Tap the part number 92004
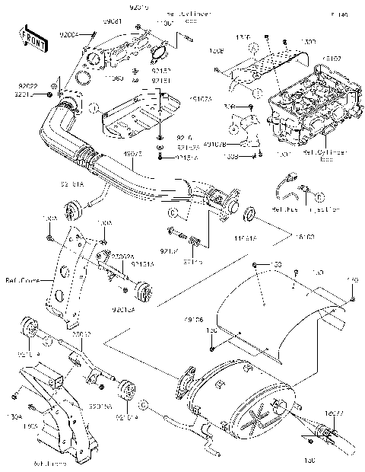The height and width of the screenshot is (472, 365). (69, 35)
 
